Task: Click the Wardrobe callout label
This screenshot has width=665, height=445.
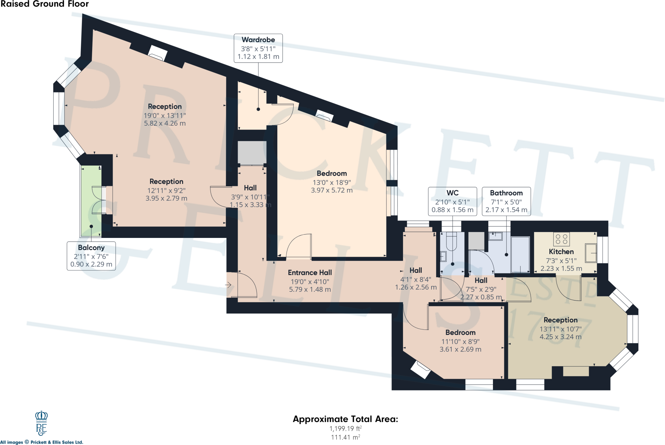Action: coord(258,48)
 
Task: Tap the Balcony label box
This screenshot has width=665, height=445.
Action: coord(91,256)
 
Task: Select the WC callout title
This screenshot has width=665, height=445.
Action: coord(452,193)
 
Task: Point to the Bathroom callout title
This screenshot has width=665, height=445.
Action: coord(506,193)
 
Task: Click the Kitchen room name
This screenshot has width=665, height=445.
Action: coord(561,252)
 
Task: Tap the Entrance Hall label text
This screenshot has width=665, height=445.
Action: coord(310,273)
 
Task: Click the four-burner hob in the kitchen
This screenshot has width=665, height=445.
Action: coord(561,239)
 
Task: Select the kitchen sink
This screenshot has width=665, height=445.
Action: coord(591,253)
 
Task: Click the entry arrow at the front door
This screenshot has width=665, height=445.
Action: coord(228,285)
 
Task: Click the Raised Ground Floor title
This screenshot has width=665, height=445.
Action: coord(44,4)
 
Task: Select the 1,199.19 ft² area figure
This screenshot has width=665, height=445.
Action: coord(345,428)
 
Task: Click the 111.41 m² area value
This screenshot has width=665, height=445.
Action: coord(345,437)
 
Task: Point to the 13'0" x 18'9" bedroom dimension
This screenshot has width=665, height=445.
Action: coord(332,182)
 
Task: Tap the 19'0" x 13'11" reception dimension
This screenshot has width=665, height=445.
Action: coord(165,116)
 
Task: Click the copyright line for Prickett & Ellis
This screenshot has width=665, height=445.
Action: coord(42,442)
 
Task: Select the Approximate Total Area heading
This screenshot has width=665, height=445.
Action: coord(345,419)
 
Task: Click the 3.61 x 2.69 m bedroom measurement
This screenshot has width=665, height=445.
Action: coord(460,349)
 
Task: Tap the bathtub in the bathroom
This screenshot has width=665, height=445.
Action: coord(520,254)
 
